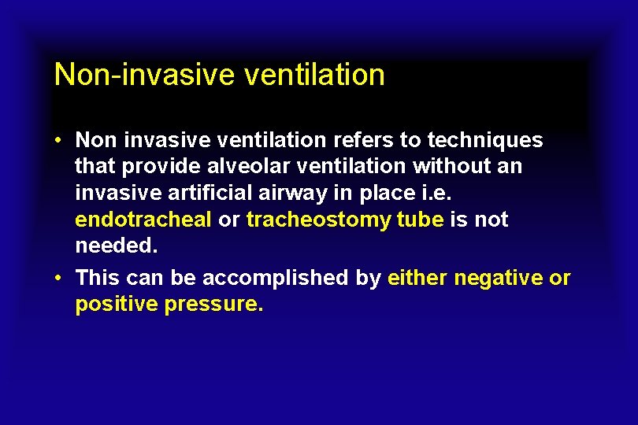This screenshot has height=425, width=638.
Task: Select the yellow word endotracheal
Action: pos(143,220)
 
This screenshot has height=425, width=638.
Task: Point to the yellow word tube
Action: pos(420,220)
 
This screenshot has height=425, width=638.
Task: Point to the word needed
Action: pos(117,246)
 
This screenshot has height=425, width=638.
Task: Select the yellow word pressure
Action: pos(213,305)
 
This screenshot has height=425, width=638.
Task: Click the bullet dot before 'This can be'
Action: pos(59,278)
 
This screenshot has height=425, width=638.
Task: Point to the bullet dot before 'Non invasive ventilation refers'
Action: pos(59,140)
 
